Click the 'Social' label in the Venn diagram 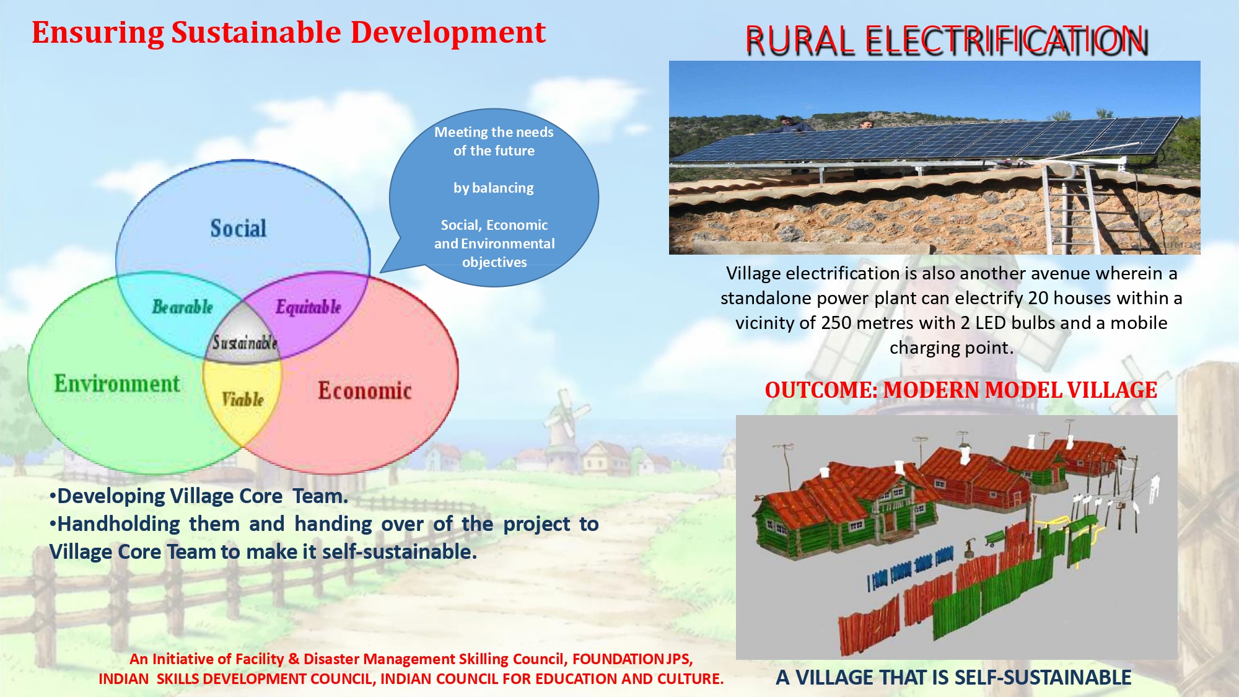[239, 228]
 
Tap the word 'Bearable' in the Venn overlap [183, 307]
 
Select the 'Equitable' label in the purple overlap [309, 307]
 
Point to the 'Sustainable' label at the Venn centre [244, 342]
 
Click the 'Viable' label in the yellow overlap [243, 399]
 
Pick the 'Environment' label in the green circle [117, 384]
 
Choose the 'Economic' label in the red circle [365, 390]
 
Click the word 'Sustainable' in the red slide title [256, 32]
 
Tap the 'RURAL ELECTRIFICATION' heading [947, 41]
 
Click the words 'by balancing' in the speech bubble [494, 188]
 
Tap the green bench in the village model [995, 537]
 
